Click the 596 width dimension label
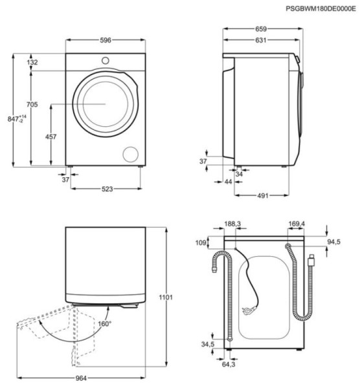(x=106, y=40)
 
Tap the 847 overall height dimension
(x=17, y=119)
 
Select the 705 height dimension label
(x=32, y=104)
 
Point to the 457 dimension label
(x=51, y=136)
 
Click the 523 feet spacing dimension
(x=107, y=189)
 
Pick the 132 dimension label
(x=32, y=62)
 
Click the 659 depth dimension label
(x=261, y=29)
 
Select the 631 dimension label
(x=261, y=40)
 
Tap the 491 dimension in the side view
(x=263, y=196)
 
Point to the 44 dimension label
(x=228, y=182)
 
